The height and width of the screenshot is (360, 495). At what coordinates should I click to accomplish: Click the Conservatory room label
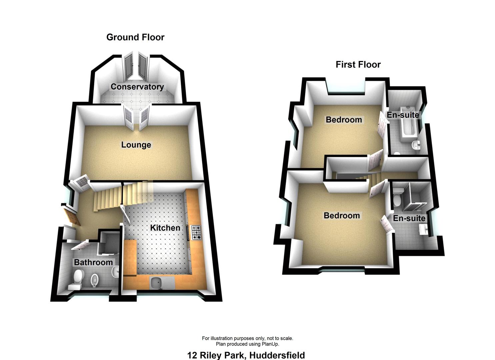click(137, 87)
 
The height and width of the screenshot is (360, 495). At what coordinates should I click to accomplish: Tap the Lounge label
click(136, 145)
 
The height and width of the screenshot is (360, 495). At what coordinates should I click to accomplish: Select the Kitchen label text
click(165, 228)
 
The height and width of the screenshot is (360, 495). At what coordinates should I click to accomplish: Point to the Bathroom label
click(93, 262)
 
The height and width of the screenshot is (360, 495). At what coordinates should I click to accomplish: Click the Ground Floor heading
click(135, 37)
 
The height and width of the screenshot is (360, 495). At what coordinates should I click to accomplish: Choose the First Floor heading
click(358, 64)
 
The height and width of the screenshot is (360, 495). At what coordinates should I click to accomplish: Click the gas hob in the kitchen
click(196, 233)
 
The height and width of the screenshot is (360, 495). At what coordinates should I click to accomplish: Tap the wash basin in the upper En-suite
click(416, 145)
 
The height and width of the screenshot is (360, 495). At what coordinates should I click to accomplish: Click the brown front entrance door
click(72, 216)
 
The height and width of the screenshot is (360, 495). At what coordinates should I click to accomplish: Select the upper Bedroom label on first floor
click(344, 119)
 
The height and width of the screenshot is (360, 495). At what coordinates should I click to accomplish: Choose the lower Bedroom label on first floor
click(342, 215)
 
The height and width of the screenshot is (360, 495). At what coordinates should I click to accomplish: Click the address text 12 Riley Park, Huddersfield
click(246, 355)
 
